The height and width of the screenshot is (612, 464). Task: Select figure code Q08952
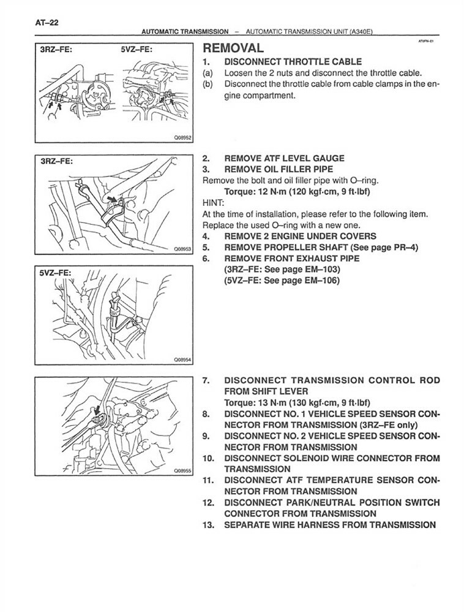182,138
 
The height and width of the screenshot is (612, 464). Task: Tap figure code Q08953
182,250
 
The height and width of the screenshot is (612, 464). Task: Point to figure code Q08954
182,360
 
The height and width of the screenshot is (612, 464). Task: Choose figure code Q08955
182,471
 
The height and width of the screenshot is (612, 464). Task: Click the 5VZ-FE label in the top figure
136,50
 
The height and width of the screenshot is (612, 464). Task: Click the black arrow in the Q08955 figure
96,409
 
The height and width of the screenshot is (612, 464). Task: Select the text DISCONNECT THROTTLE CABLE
293,62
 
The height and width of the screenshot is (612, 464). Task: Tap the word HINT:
212,203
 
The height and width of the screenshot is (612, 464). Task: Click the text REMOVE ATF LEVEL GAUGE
284,158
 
